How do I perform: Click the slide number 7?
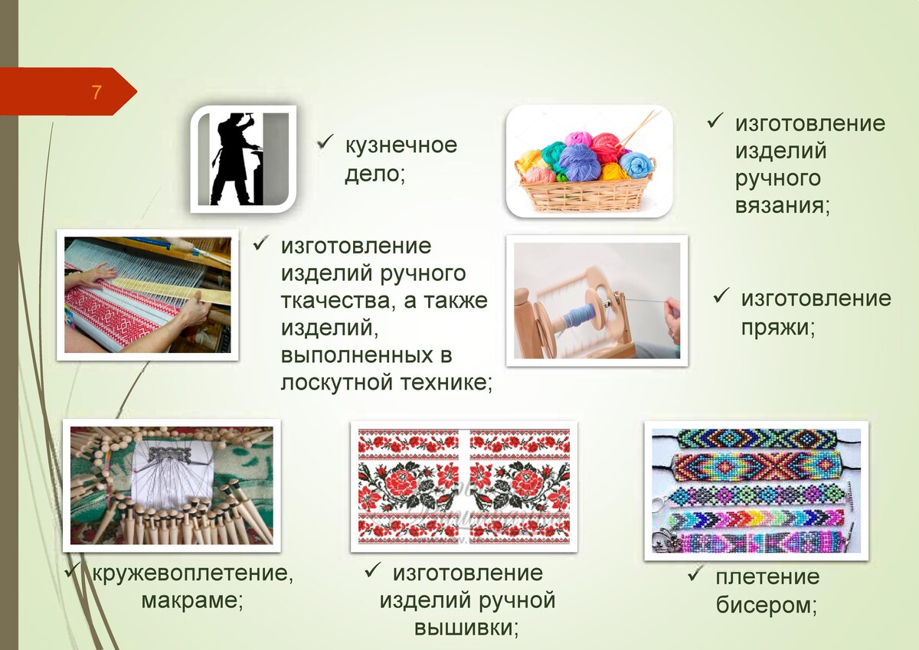pyautogui.click(x=96, y=93)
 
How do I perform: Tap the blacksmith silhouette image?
pyautogui.click(x=244, y=158)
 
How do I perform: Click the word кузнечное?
pyautogui.click(x=401, y=145)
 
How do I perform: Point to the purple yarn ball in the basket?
pyautogui.click(x=579, y=162)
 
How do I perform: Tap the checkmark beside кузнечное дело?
pyautogui.click(x=325, y=142)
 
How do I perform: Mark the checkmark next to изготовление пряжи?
pyautogui.click(x=721, y=296)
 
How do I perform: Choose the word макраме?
pyautogui.click(x=189, y=600)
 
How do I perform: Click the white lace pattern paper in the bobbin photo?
pyautogui.click(x=172, y=472)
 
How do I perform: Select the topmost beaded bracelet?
pyautogui.click(x=756, y=439)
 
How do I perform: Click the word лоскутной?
pyautogui.click(x=336, y=383)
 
